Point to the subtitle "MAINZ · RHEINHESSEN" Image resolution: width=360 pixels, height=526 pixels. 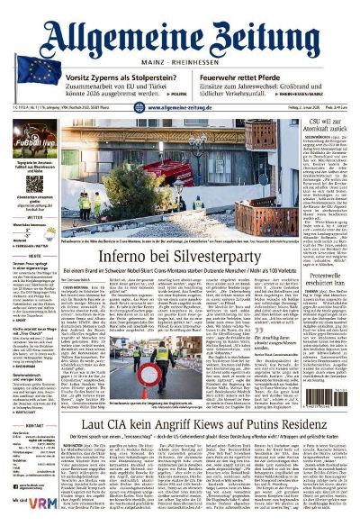pos(180,63)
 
